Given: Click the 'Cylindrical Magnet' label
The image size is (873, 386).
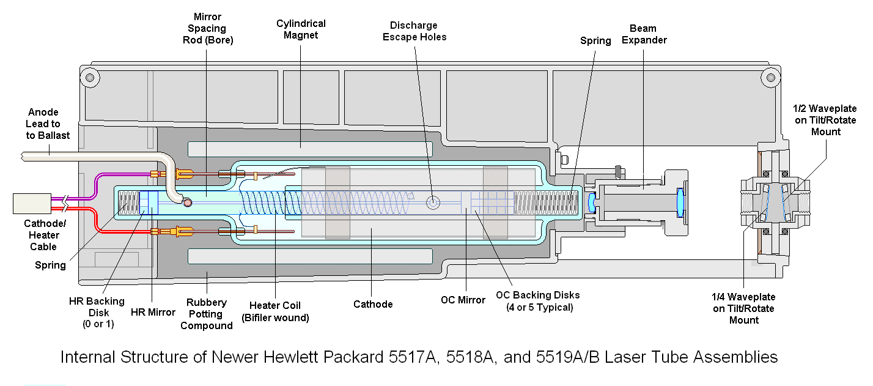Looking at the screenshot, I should pyautogui.click(x=301, y=29).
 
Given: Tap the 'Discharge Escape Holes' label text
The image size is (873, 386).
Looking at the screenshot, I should pyautogui.click(x=414, y=31).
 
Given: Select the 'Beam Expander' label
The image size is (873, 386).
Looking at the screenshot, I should pyautogui.click(x=643, y=34).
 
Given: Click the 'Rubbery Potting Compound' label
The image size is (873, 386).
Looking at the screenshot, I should pyautogui.click(x=207, y=314).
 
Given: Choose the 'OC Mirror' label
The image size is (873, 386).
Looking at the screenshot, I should pyautogui.click(x=463, y=300).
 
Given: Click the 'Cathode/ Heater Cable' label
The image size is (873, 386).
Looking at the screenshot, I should pyautogui.click(x=43, y=236).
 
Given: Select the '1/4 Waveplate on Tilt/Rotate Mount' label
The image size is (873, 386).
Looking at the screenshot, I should pyautogui.click(x=743, y=308).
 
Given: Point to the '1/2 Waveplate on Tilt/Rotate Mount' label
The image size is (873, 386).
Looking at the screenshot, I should pyautogui.click(x=825, y=120).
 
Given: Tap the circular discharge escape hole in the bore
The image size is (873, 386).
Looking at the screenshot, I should pyautogui.click(x=432, y=201).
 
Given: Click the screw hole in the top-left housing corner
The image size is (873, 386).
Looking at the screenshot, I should pyautogui.click(x=90, y=78).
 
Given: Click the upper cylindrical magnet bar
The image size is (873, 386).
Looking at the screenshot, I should pyautogui.click(x=310, y=149).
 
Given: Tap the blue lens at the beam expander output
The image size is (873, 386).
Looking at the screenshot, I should pyautogui.click(x=679, y=203).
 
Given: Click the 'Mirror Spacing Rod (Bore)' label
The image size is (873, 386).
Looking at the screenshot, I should pyautogui.click(x=208, y=28).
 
